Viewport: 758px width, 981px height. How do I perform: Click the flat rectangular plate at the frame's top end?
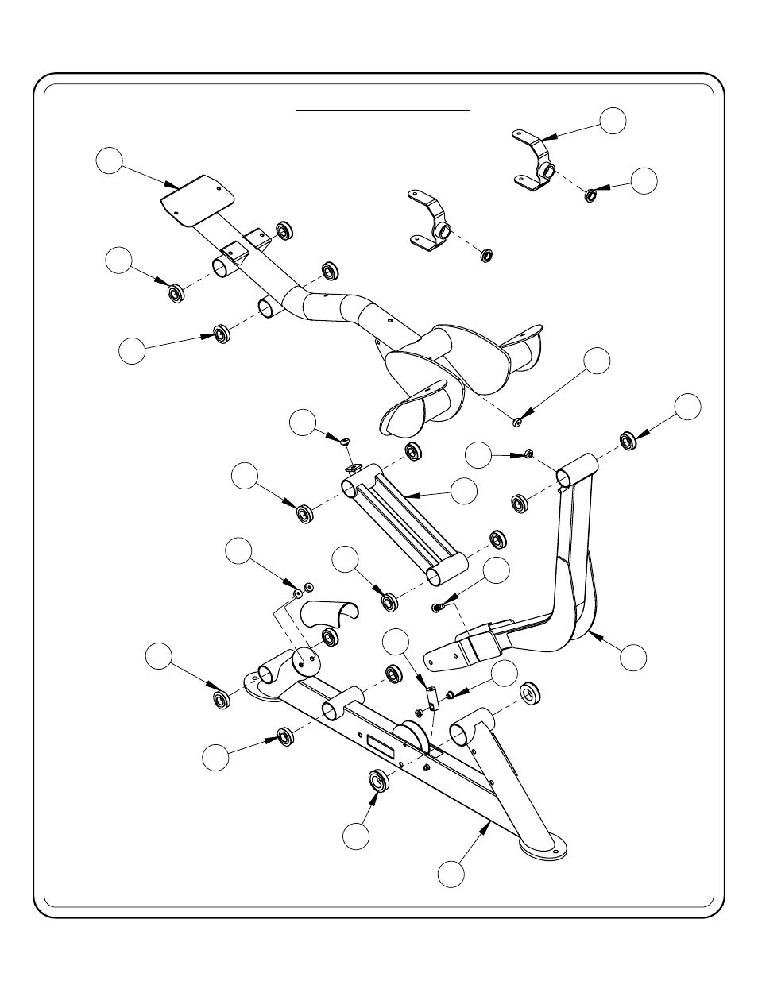pyautogui.click(x=195, y=200)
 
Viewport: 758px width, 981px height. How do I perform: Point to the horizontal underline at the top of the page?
pyautogui.click(x=383, y=111)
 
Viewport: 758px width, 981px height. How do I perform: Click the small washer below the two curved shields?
pyautogui.click(x=516, y=421)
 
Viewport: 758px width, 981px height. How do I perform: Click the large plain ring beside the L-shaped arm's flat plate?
pyautogui.click(x=530, y=692)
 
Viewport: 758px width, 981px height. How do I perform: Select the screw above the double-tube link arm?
pyautogui.click(x=345, y=439)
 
